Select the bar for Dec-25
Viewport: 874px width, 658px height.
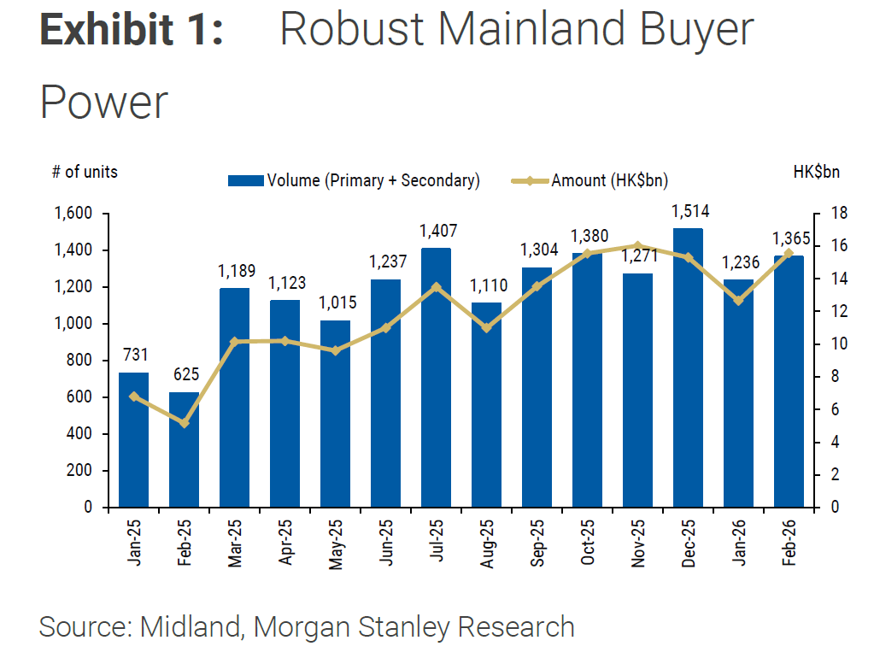688,367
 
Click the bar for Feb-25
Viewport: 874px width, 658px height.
184,449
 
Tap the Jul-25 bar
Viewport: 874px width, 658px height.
436,377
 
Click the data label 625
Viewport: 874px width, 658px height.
185,375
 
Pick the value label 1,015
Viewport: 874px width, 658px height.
335,303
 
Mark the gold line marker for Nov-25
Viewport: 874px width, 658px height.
638,246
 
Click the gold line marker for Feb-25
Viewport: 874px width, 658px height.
184,423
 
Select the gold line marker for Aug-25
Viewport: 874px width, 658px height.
486,328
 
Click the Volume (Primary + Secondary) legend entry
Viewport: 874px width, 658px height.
355,180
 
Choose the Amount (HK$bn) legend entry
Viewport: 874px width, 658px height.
590,180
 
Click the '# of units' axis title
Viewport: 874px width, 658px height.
85,172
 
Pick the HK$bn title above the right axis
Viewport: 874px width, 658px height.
816,172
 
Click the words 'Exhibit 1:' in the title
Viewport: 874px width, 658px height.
132,31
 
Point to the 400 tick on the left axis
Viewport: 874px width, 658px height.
79,434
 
